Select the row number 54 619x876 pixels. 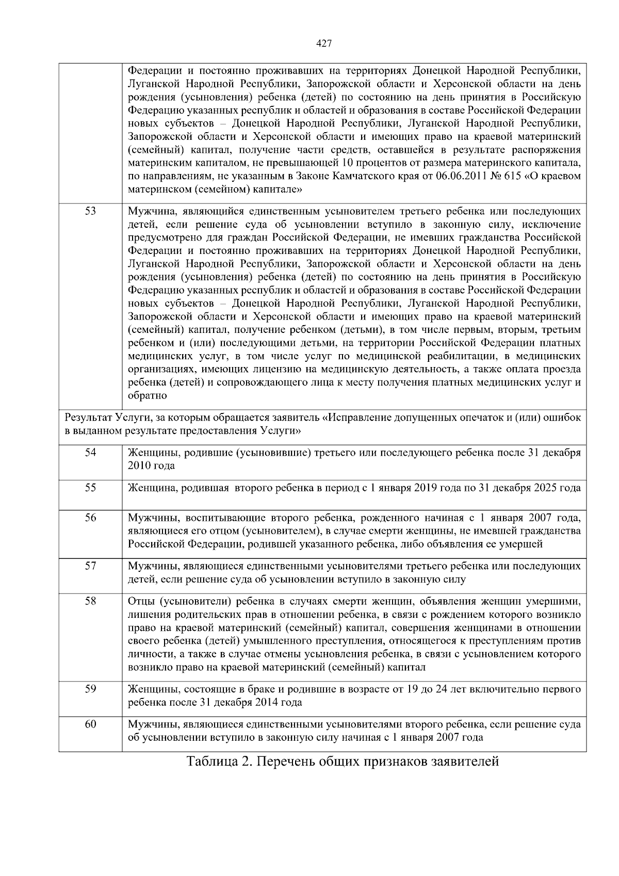pyautogui.click(x=90, y=452)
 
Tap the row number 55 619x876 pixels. pyautogui.click(x=90, y=487)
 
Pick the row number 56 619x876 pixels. pyautogui.click(x=90, y=517)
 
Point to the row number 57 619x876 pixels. pyautogui.click(x=90, y=566)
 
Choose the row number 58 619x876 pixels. pyautogui.click(x=90, y=601)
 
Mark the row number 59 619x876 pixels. pyautogui.click(x=90, y=689)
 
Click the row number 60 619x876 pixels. pyautogui.click(x=90, y=724)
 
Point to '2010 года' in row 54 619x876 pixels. pyautogui.click(x=151, y=466)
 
